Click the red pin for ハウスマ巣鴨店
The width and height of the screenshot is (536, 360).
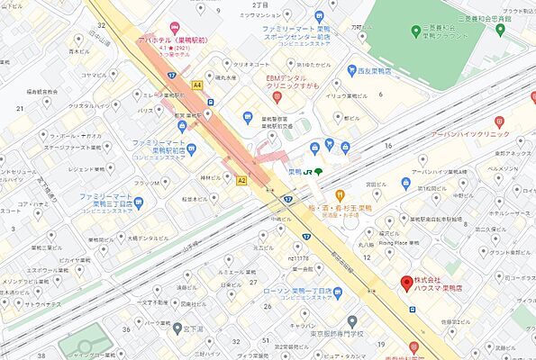(404, 283)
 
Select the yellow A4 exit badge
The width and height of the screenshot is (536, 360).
(197, 85)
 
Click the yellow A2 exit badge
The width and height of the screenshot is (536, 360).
(241, 180)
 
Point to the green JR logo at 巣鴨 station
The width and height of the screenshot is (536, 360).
(309, 172)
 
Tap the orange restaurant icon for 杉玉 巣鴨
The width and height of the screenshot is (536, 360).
(341, 193)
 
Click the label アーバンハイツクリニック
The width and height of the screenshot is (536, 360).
(458, 134)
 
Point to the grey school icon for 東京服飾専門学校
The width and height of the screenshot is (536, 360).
(352, 320)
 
